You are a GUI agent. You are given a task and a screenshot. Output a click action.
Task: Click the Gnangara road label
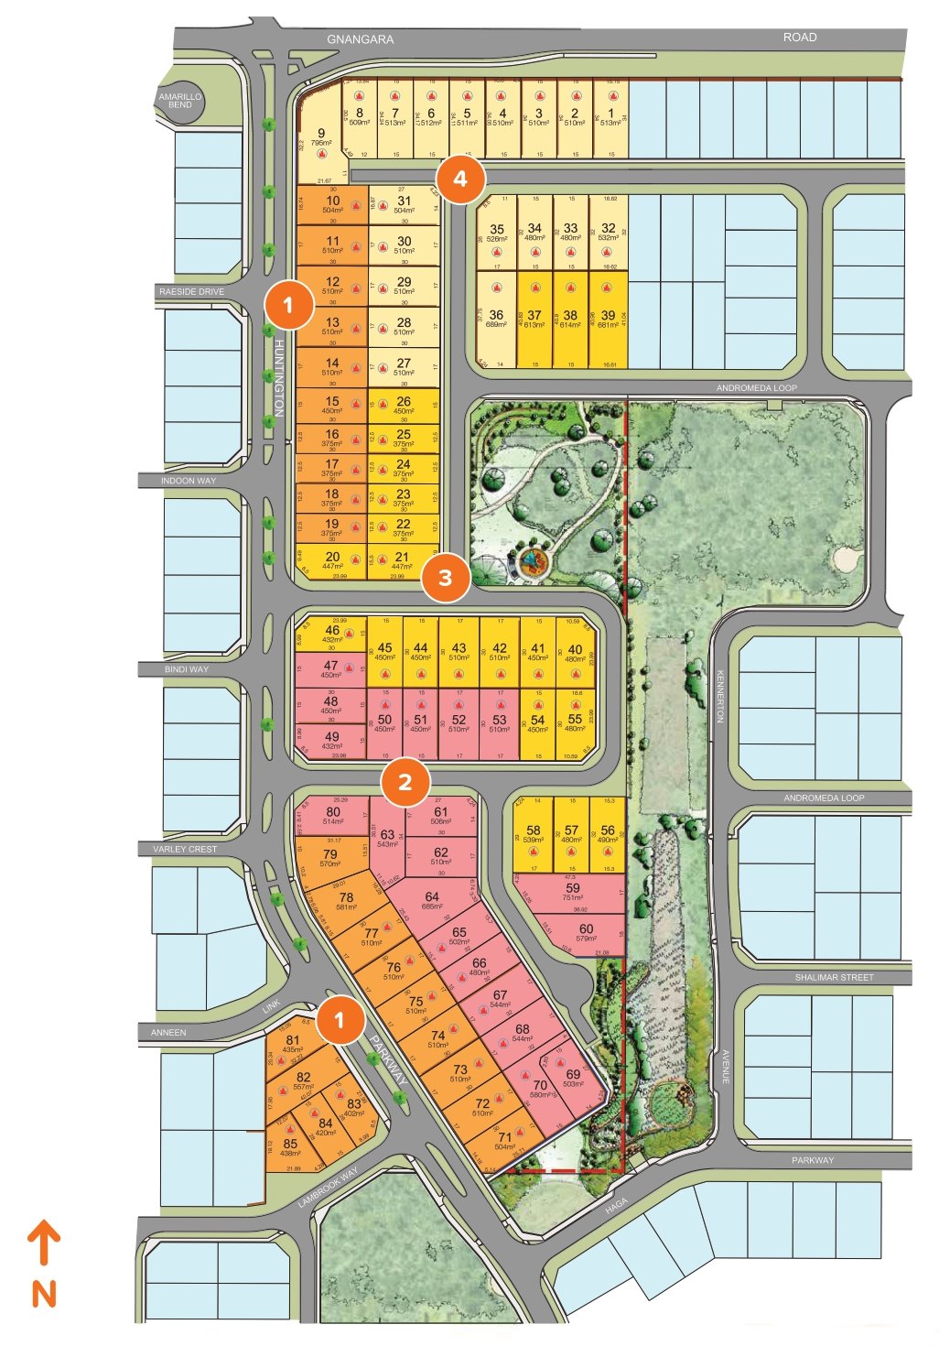coord(361,39)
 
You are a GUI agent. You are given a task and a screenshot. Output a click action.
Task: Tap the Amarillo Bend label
coord(180,101)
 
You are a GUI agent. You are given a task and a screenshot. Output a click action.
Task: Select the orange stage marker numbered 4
coord(459,179)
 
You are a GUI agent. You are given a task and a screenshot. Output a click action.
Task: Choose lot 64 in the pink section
coord(432,901)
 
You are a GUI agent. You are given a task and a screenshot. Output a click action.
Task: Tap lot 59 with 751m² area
coord(573,893)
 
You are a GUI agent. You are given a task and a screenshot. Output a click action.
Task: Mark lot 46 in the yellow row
coord(332,634)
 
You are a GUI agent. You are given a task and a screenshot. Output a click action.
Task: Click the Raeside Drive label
coord(191,292)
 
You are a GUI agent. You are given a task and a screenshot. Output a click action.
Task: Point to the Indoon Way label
coord(189,481)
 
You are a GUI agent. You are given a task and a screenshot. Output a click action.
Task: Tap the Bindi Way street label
coord(187,669)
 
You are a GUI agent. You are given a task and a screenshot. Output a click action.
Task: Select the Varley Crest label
coord(185,849)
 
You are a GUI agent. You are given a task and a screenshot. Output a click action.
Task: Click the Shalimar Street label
coord(834,977)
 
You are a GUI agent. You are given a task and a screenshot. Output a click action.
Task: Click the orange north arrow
coord(44,1246)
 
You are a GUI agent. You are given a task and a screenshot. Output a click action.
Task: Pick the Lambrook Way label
coord(329,1188)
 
